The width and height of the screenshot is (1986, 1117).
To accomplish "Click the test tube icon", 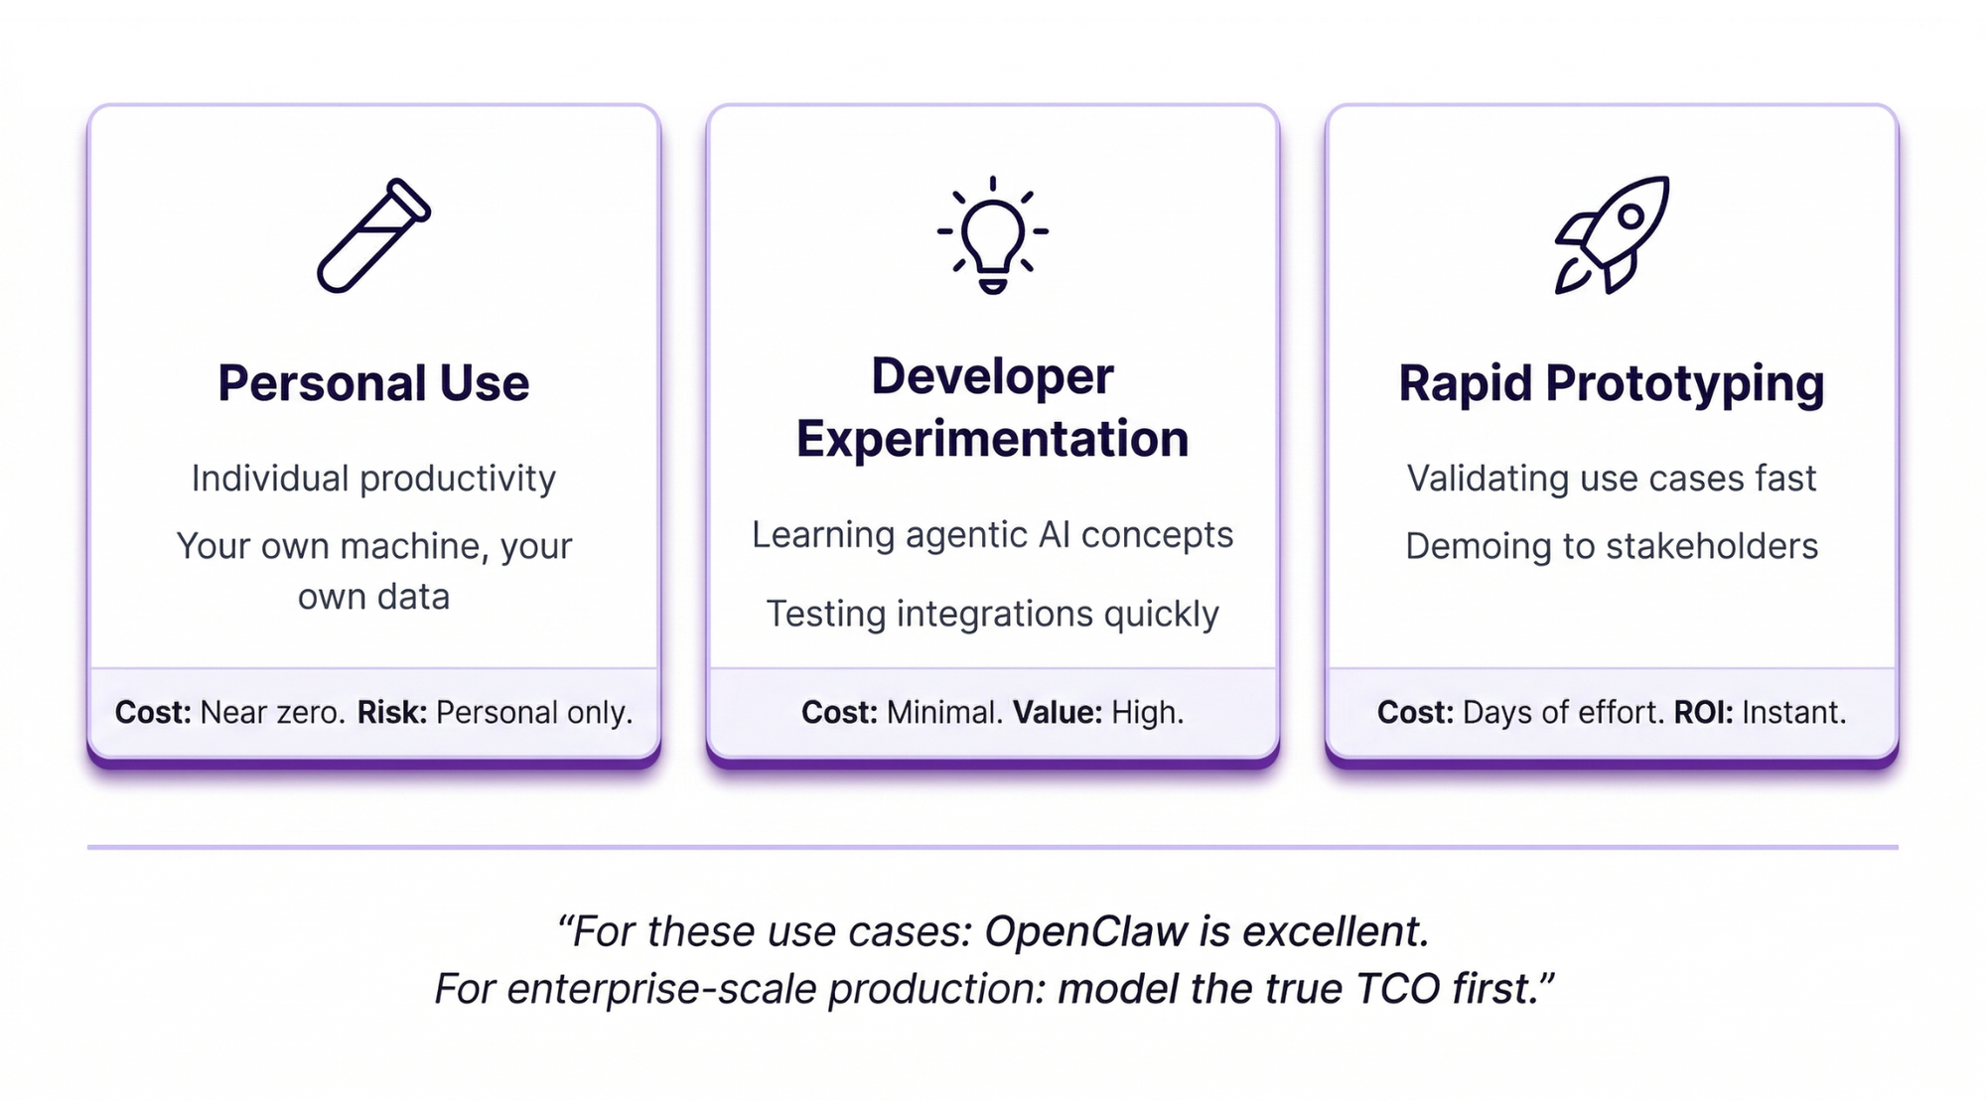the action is [373, 236].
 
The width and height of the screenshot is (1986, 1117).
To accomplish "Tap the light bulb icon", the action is [992, 234].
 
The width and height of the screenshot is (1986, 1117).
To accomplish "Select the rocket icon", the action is [1612, 235].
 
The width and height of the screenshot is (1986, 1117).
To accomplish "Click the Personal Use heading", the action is [373, 383].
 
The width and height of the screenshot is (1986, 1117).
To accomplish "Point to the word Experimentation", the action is [992, 439].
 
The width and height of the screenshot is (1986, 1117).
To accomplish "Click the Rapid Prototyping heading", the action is [1612, 384].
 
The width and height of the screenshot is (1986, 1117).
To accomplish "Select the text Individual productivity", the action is [373, 479].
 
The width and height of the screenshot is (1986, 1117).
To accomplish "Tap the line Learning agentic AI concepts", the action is [992, 535].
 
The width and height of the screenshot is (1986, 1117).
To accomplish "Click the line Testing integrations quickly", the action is [992, 615].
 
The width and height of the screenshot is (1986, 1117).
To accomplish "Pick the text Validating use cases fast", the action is [1612, 479].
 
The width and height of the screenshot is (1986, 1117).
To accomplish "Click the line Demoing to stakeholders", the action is [1612, 546].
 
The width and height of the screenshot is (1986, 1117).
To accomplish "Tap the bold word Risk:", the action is [392, 712].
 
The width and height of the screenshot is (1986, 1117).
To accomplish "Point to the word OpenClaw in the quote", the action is [1086, 931].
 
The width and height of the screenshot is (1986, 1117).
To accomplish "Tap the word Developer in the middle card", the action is [992, 377].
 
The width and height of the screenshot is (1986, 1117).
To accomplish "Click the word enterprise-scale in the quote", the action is [661, 990].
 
